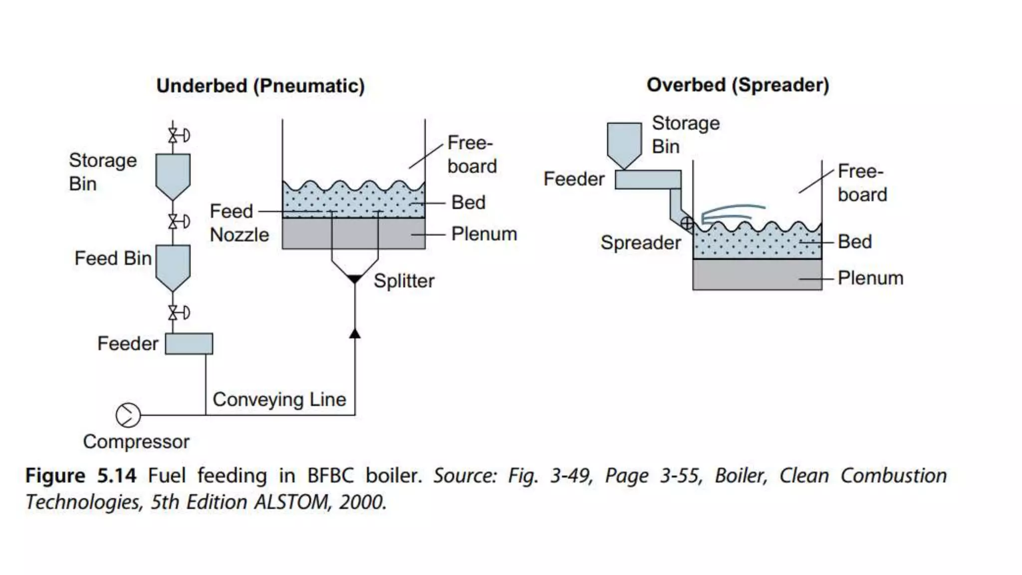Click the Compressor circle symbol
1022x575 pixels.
click(128, 415)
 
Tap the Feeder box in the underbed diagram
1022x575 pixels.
click(189, 344)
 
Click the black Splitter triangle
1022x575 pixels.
click(354, 279)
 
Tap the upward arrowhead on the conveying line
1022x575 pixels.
click(354, 333)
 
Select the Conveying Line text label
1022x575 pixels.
click(279, 399)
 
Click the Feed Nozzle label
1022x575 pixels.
click(239, 223)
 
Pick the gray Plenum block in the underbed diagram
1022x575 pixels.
click(353, 234)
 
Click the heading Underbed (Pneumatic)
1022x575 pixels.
click(260, 86)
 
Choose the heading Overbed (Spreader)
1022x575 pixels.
click(738, 85)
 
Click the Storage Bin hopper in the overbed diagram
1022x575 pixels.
click(624, 143)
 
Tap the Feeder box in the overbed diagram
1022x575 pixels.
click(648, 180)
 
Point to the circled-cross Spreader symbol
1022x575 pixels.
click(687, 223)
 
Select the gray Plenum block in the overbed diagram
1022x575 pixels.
click(757, 275)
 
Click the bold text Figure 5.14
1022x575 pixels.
click(81, 476)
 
